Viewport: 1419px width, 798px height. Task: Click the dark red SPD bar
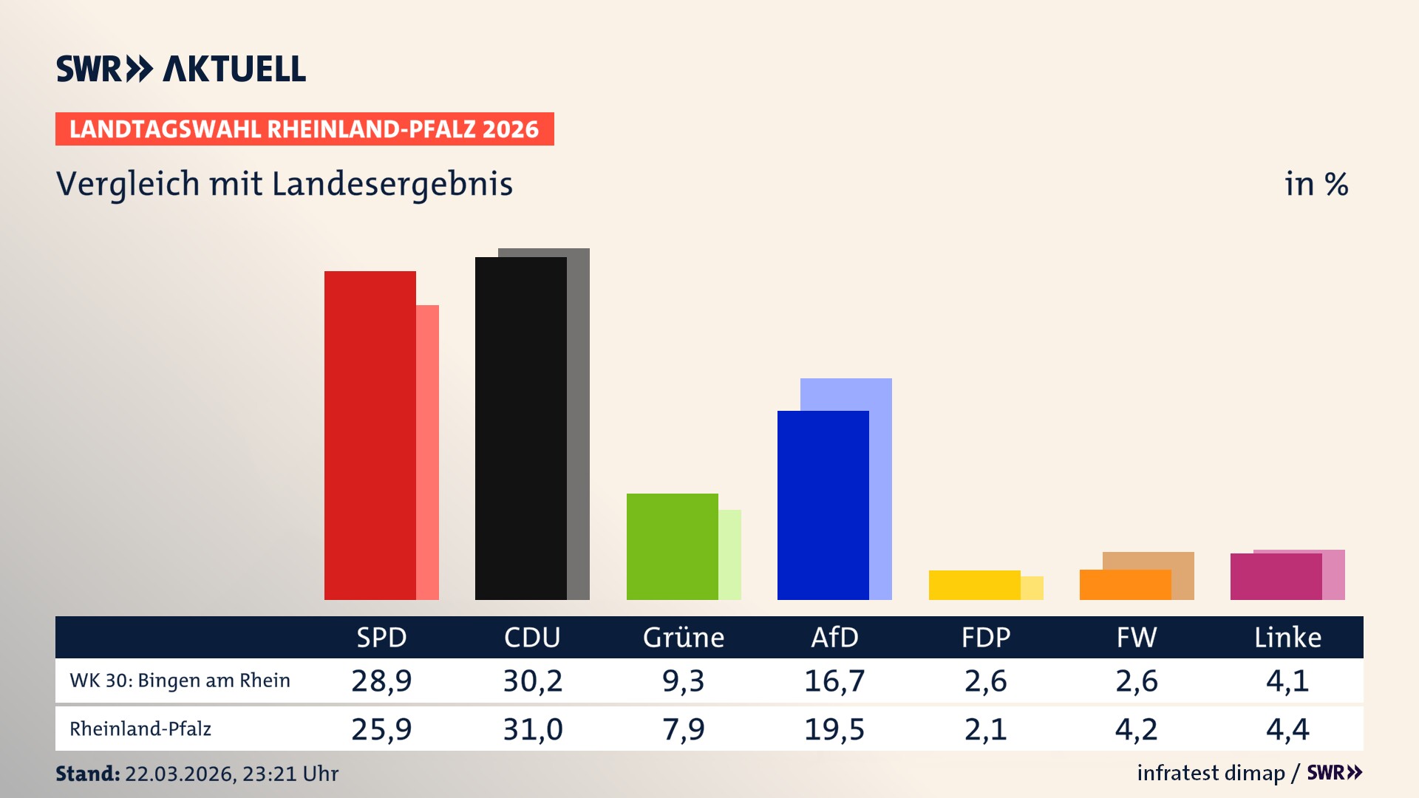click(370, 435)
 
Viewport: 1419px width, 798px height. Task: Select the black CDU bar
click(520, 429)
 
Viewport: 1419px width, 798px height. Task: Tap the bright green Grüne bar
click(672, 547)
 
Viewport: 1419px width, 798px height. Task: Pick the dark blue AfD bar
click(823, 505)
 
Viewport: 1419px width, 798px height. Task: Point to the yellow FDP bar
click(974, 585)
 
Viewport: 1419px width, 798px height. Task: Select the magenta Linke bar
click(1276, 576)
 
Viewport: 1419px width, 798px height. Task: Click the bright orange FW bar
click(1125, 584)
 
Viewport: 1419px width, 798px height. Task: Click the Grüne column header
click(684, 638)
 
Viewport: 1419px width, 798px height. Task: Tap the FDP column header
click(985, 638)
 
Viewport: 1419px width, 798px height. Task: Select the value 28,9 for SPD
click(381, 681)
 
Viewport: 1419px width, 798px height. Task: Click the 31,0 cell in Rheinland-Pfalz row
click(533, 729)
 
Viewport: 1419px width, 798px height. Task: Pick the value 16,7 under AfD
click(834, 681)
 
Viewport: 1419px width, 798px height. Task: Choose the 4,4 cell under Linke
click(1287, 729)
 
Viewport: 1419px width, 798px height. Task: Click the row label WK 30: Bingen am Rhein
click(180, 681)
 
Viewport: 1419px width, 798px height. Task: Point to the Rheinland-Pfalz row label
click(140, 729)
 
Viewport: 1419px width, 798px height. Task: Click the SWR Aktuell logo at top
click(181, 69)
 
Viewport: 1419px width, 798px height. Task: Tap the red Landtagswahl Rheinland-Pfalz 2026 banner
click(304, 129)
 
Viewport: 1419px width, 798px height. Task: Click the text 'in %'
click(1316, 184)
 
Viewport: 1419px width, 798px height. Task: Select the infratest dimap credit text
click(1211, 773)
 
